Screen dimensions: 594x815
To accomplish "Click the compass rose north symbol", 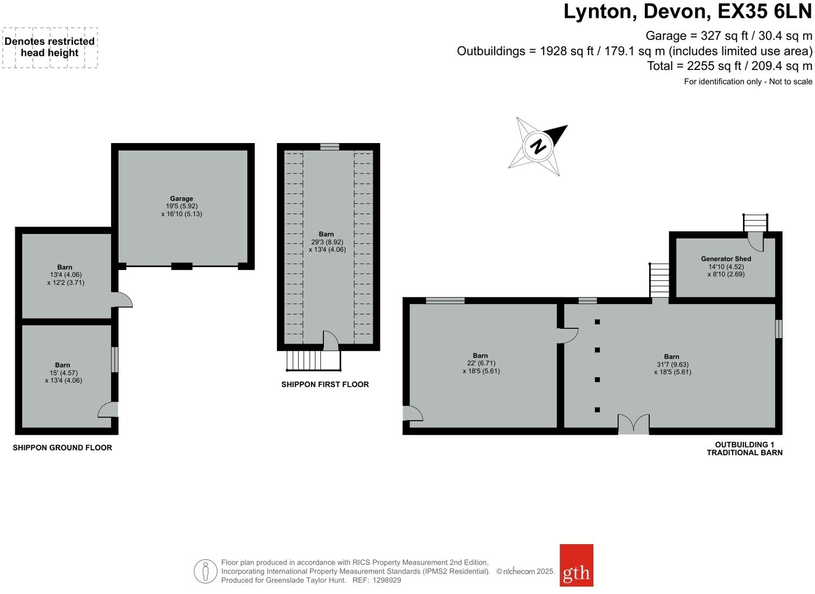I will (538, 146).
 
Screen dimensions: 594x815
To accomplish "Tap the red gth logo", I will (576, 565).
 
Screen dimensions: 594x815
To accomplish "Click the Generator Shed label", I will (726, 259).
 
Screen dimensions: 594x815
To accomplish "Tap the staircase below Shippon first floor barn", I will (313, 360).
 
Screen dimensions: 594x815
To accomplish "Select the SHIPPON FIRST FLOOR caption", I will (325, 384).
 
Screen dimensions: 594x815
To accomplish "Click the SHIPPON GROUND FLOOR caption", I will (62, 448).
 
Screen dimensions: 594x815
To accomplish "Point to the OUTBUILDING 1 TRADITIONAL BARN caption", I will (744, 448).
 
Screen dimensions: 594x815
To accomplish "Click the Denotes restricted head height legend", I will (50, 47).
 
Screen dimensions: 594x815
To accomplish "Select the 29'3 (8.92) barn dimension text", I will (327, 242).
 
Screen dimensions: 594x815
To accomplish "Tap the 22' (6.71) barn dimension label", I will (481, 364).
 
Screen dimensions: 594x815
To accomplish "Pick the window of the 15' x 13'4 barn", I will (115, 359).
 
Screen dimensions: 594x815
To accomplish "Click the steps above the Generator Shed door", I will (755, 222).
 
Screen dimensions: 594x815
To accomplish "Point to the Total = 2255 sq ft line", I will (729, 66).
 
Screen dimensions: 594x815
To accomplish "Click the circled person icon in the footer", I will (205, 571).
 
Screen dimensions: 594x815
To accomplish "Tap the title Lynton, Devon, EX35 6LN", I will (687, 11).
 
